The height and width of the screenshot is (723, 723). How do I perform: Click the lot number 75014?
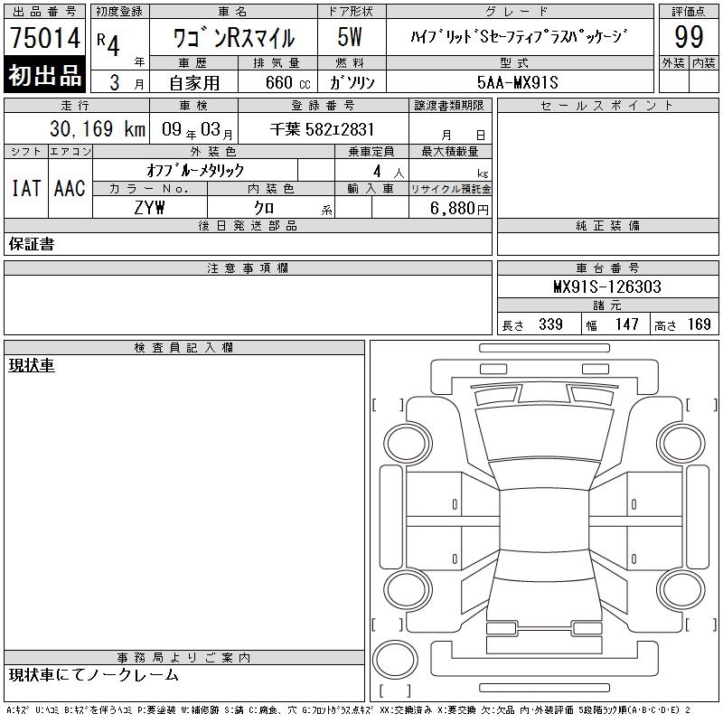tap(45, 38)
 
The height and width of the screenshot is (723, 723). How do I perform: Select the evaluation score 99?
tap(689, 37)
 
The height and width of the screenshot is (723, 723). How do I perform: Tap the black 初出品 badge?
tap(44, 75)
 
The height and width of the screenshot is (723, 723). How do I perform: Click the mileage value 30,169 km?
tap(98, 129)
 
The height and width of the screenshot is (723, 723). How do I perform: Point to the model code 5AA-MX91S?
tap(517, 82)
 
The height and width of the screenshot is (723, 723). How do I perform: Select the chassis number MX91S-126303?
tap(607, 286)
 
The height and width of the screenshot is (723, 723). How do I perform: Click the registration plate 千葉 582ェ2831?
tap(322, 129)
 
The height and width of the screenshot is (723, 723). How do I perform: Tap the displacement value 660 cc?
tap(287, 83)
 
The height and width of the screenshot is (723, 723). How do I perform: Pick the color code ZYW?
tap(149, 208)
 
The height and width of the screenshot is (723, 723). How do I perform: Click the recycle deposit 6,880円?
tap(459, 209)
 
